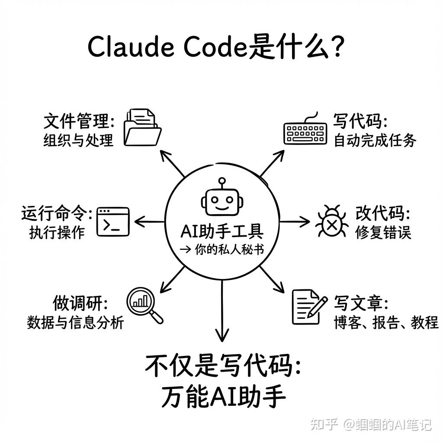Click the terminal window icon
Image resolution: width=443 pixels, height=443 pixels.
click(113, 221)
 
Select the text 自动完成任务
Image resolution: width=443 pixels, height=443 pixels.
click(375, 141)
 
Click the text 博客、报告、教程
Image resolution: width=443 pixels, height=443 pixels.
click(386, 322)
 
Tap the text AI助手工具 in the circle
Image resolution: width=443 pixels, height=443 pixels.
click(221, 231)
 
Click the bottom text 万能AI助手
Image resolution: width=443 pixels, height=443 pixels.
click(223, 397)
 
